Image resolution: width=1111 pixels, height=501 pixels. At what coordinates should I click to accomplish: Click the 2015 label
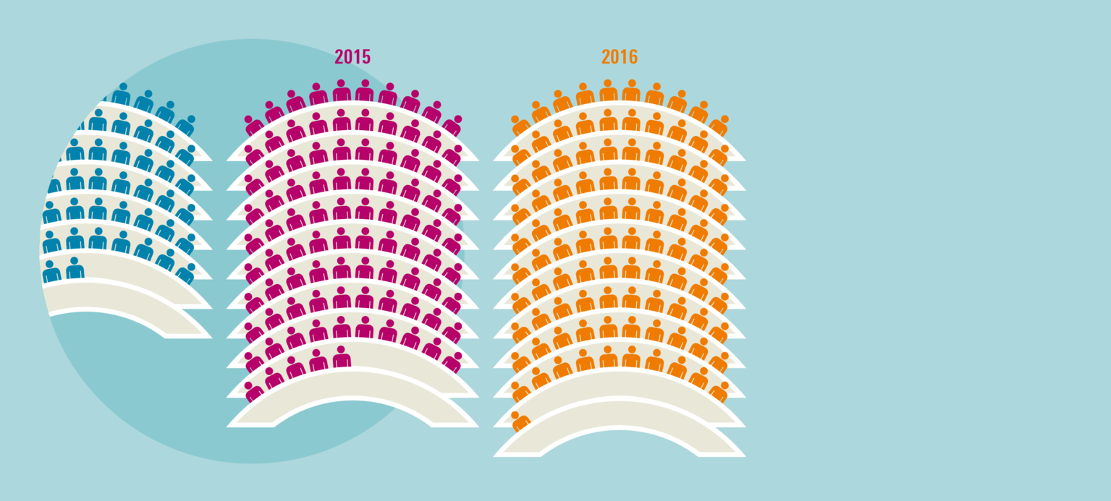tap(352, 57)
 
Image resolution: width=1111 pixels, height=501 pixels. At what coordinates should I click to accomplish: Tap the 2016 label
tap(619, 57)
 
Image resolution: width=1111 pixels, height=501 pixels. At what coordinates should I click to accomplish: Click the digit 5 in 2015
tap(366, 57)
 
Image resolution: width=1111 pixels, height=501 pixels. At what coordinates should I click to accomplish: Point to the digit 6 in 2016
tap(633, 57)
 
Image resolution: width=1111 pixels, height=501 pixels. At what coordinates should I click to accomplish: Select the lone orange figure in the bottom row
tap(519, 422)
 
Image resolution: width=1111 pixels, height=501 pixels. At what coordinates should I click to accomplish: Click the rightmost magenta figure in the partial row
tap(342, 358)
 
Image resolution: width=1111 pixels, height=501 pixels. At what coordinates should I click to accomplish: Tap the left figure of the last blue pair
tap(51, 271)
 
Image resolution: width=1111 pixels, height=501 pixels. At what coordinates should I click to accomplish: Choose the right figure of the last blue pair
tap(75, 268)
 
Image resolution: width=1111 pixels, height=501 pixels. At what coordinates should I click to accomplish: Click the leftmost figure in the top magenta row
tap(253, 125)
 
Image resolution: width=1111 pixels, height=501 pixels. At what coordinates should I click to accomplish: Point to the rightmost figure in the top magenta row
tap(453, 125)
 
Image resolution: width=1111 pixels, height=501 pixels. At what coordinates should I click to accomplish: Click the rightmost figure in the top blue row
tap(187, 124)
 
